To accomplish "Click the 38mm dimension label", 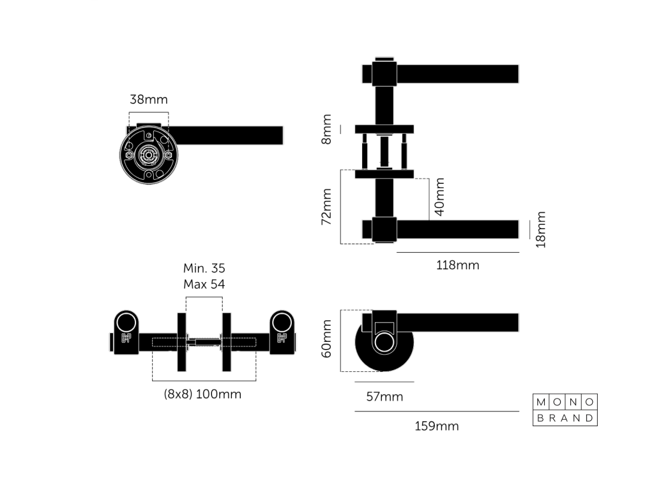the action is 148,100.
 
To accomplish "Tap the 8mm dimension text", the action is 326,129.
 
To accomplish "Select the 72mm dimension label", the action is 326,207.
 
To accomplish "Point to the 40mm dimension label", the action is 439,197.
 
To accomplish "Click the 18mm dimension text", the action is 540,230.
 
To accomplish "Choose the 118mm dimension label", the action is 457,265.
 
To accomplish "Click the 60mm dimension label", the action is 326,339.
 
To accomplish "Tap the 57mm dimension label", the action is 384,397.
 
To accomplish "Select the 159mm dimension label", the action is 437,426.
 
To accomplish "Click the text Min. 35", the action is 204,268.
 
